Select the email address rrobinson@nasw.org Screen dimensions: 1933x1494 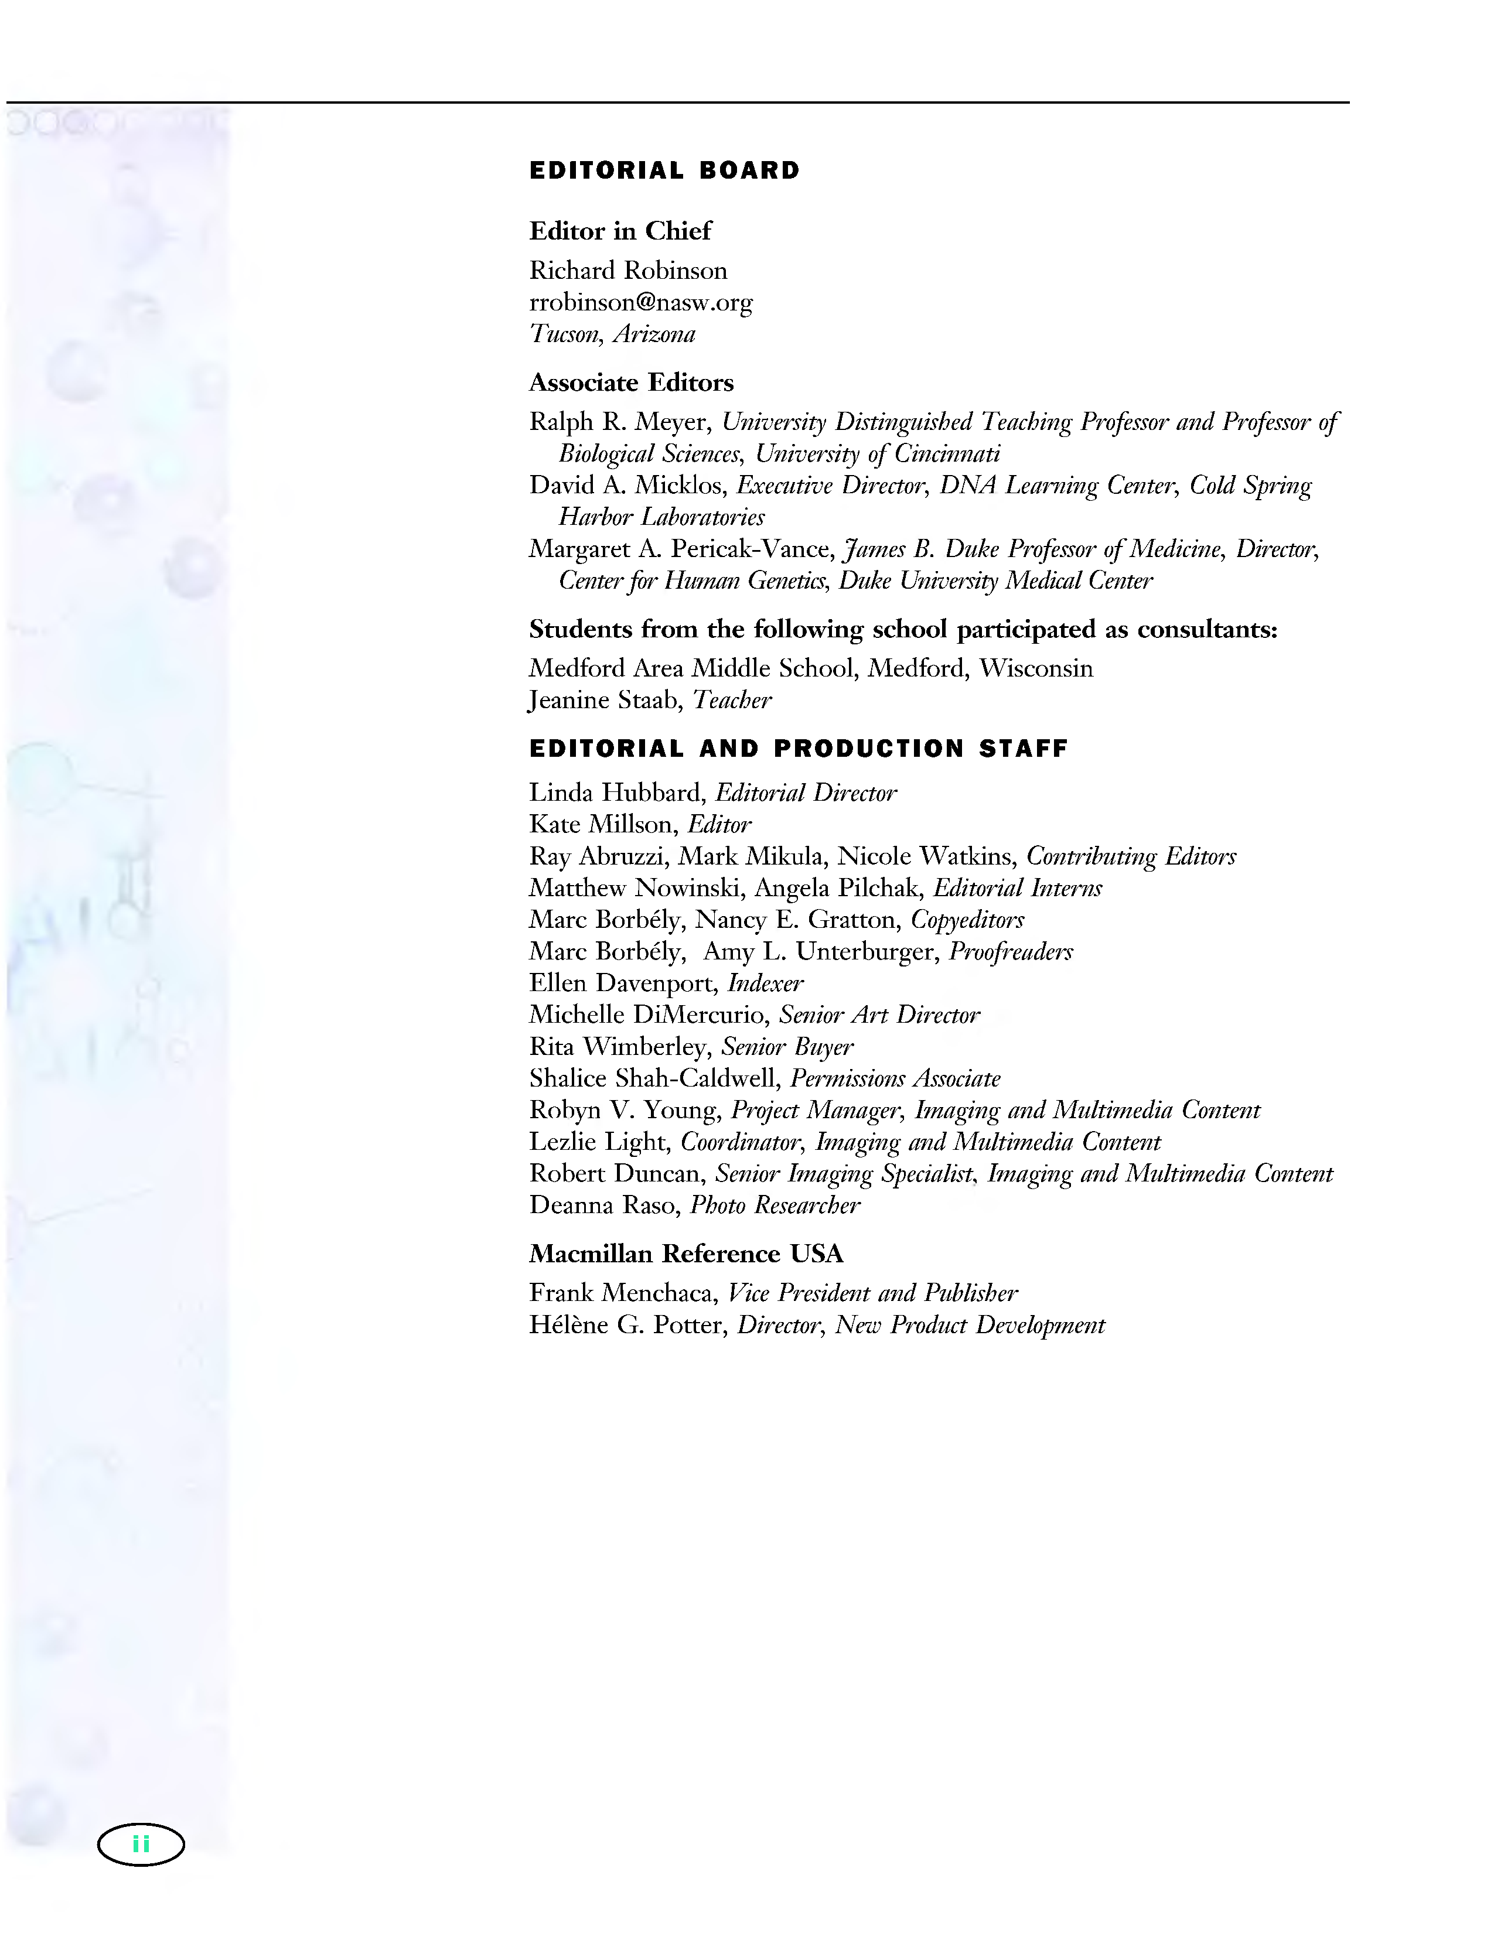coord(641,303)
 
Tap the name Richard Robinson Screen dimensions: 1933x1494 coord(627,271)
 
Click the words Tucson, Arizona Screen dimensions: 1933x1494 coord(612,334)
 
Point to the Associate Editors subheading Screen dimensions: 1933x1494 coord(631,382)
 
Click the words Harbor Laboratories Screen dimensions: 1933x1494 coord(661,518)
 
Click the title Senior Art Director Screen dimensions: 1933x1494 coord(879,1015)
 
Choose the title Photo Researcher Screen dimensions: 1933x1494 coord(775,1205)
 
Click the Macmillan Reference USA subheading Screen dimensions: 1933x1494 coord(686,1254)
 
